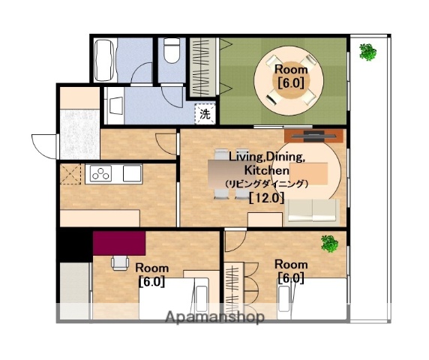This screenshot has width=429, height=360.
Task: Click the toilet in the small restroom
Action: coord(172,50)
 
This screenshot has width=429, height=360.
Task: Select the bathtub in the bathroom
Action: coord(104,60)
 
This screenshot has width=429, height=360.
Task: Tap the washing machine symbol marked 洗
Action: coord(205,114)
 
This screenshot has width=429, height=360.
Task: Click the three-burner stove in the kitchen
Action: coord(99,173)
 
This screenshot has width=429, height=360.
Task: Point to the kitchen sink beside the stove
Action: coord(132,173)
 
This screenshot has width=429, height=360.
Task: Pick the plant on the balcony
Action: coord(367,52)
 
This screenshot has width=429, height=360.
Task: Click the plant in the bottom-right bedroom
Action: coord(329,244)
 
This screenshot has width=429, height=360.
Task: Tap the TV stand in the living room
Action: coord(313,136)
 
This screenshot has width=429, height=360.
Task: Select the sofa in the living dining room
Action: coord(312,211)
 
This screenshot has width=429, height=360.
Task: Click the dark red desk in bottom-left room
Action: coord(119,243)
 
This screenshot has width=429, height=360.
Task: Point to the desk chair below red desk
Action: coord(120,263)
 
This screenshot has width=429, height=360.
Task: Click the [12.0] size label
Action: coord(267,198)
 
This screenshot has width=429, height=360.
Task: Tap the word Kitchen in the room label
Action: coord(266,170)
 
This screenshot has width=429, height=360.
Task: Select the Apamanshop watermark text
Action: coord(215,317)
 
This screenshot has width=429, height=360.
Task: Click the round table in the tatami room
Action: coord(289,81)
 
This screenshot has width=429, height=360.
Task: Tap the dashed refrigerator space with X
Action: coord(70,174)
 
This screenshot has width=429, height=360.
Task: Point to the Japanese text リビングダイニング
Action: coord(267,184)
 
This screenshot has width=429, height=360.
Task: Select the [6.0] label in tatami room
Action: coord(291,82)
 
